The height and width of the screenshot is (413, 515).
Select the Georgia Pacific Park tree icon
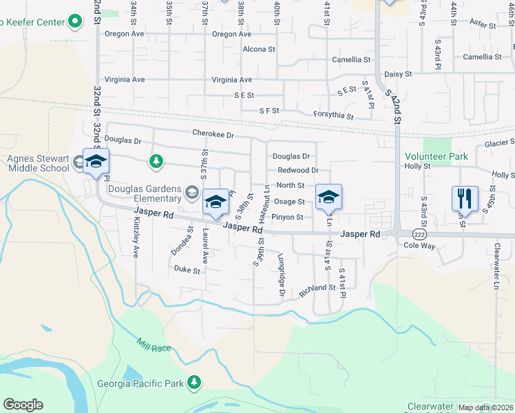(195, 382)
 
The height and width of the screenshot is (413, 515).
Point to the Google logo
(23, 405)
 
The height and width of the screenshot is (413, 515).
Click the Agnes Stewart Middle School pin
(96, 162)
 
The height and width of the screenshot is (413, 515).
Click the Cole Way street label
(420, 245)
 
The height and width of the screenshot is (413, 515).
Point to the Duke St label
(187, 270)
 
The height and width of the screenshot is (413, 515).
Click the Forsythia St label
(333, 116)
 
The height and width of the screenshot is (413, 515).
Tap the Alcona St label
(259, 50)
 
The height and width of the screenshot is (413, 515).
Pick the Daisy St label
(398, 74)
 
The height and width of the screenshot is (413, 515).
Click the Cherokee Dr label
(213, 135)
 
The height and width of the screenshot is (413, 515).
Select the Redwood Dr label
(298, 170)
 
